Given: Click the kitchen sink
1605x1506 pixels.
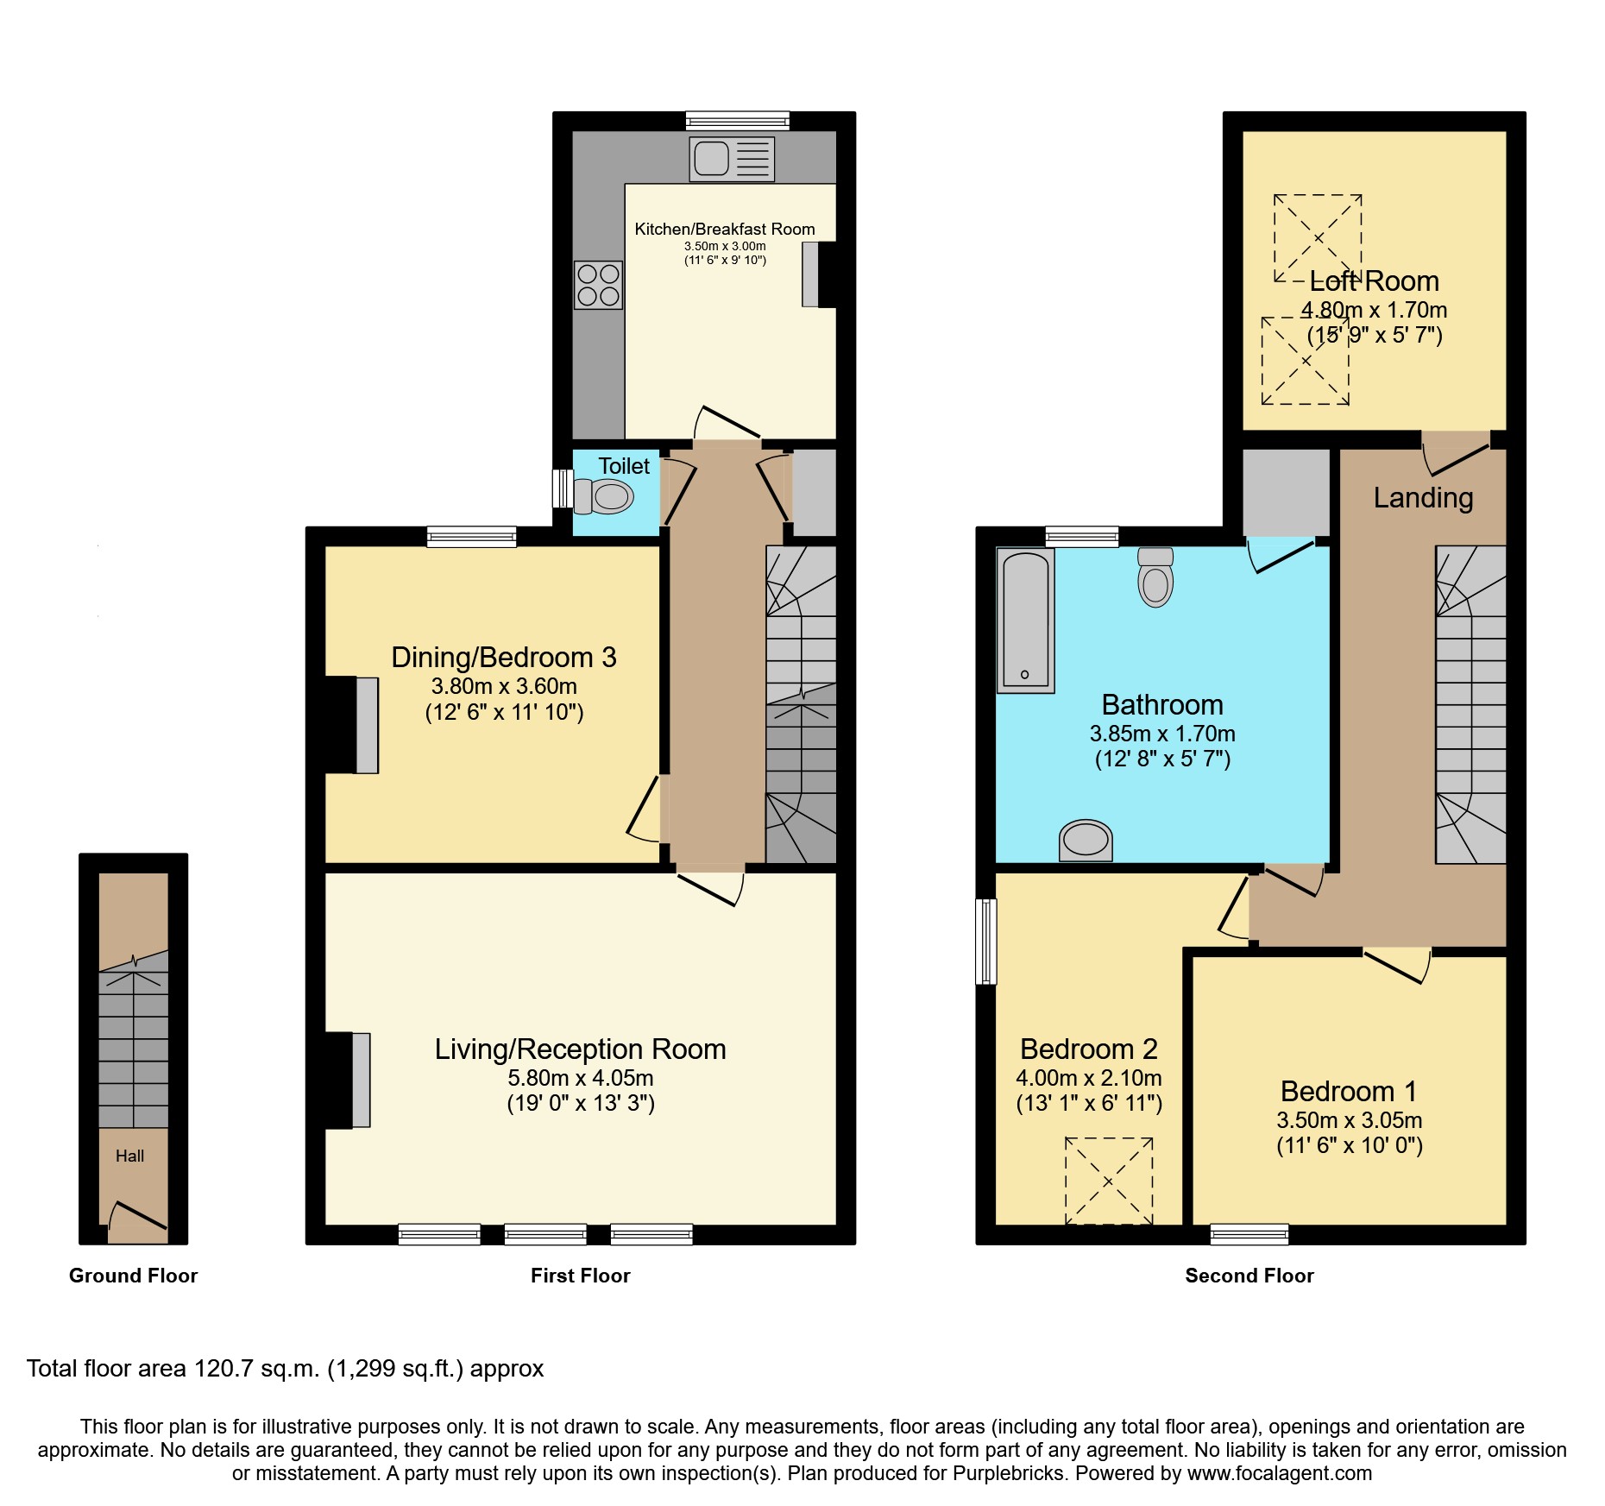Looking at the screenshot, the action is tap(732, 159).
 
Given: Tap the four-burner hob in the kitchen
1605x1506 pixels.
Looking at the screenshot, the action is tap(598, 285).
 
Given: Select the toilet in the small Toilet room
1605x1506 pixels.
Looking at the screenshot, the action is tap(604, 496).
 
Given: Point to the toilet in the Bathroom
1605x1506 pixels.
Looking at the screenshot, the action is tap(1155, 577).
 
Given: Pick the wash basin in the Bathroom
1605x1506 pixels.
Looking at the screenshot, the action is tap(1086, 841).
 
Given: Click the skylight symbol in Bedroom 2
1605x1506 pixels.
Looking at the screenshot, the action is tap(1109, 1181).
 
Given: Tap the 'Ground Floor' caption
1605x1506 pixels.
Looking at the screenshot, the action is tap(134, 1276).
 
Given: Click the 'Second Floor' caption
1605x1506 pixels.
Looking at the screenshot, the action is tap(1249, 1276).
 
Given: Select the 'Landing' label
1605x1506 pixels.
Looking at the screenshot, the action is tap(1423, 498).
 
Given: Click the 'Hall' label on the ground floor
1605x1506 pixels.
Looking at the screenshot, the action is tap(130, 1156).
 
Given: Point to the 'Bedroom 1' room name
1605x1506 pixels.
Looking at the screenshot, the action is tap(1349, 1092).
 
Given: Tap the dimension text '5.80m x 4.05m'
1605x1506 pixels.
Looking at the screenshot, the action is tap(581, 1078).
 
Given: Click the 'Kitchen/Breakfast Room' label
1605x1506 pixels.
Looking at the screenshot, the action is tap(725, 229).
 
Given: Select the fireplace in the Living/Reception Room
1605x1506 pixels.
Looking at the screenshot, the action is tap(349, 1081).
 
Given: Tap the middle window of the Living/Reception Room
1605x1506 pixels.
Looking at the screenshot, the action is tap(545, 1234).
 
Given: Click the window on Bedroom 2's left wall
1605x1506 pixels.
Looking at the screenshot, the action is tap(986, 941).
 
